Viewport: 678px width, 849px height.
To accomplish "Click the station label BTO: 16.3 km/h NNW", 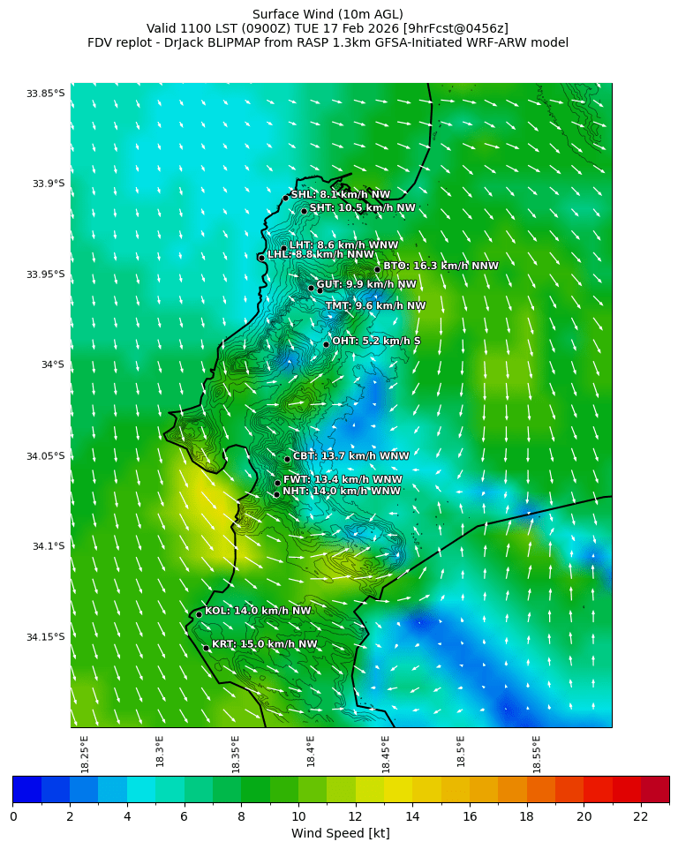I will point(441,266).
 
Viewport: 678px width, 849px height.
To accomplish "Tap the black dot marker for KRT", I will point(206,648).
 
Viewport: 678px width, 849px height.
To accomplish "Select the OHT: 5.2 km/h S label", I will point(376,342).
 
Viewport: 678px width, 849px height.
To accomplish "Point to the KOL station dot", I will point(199,614).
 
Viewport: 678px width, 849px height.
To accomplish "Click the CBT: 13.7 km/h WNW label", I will point(350,456).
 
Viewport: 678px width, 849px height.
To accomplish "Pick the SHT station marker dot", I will point(304,211).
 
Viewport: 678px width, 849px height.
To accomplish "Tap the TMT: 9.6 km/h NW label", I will point(375,306).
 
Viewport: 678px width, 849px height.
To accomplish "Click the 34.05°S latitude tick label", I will point(45,456).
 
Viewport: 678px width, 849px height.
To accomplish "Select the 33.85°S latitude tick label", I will point(45,94).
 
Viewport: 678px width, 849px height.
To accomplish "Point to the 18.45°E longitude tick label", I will point(387,754).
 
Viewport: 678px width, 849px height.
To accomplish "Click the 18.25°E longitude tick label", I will point(86,754).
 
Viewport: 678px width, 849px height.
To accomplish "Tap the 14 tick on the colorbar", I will point(412,816).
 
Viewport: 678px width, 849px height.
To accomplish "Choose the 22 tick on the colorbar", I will point(641,816).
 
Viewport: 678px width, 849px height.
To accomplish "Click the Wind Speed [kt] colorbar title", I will point(340,833).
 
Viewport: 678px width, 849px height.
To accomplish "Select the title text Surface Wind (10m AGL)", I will point(328,14).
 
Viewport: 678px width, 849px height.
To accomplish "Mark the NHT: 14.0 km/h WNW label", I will point(341,492).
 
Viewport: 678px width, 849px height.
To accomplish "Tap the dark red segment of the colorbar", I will point(655,789).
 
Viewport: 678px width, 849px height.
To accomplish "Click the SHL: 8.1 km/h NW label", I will point(340,195).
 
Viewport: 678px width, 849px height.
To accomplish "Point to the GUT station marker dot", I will point(311,288).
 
